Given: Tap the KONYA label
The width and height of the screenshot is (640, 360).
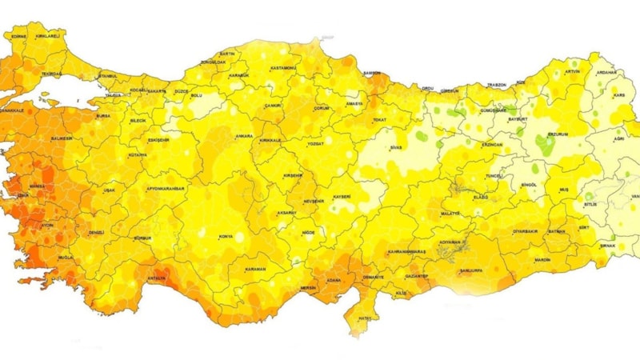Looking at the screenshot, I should (226, 236).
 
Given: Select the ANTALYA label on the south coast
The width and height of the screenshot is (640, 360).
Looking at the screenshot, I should (156, 278).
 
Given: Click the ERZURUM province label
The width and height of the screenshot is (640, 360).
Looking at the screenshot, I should (557, 134).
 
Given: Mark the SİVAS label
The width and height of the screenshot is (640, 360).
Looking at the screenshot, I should (395, 148).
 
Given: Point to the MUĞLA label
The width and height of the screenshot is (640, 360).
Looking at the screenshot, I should (65, 258).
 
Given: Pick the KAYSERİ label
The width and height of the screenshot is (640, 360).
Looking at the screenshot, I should (342, 197).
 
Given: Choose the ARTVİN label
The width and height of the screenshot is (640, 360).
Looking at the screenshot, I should (573, 71).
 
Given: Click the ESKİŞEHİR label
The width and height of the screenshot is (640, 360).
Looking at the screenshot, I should (158, 139).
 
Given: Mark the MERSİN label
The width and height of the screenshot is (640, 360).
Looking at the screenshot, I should (286, 287).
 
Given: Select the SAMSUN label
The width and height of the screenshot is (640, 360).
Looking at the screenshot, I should (372, 73).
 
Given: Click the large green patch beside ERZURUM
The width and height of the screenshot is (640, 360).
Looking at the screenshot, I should (545, 145).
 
